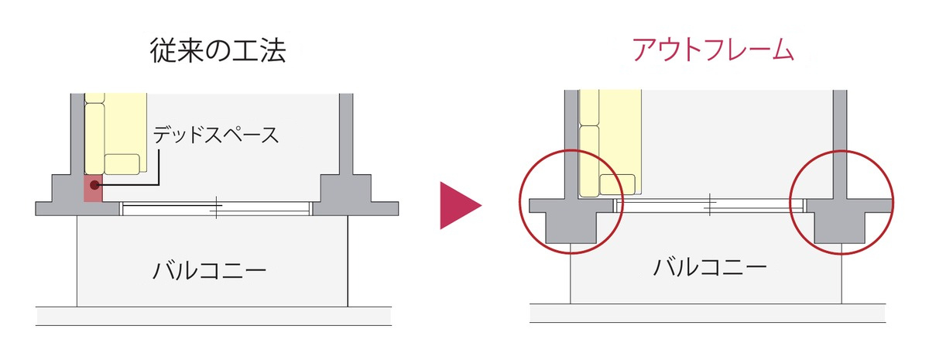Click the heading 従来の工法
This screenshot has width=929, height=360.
218,51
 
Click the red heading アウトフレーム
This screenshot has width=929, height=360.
713,50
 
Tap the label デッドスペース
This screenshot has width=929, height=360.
216,135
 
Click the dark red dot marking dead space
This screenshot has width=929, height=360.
95,185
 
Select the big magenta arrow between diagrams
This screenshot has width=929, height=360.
461,205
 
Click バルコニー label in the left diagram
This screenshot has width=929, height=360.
210,270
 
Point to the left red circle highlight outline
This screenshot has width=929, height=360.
520,202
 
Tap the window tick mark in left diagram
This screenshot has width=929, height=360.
216,207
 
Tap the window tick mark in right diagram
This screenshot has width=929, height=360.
710,204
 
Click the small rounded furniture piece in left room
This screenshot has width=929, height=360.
122,164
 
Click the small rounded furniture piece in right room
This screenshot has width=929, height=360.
618,184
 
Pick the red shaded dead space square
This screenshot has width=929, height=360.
94,188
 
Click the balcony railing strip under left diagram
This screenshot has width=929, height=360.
214,317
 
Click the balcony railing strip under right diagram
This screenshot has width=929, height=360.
708,313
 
